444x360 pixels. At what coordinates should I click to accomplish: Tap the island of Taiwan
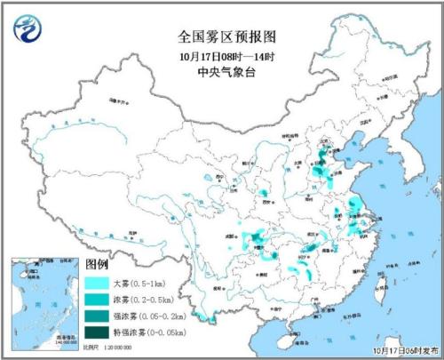point(384,284)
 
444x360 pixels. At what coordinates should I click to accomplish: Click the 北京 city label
point(327,144)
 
